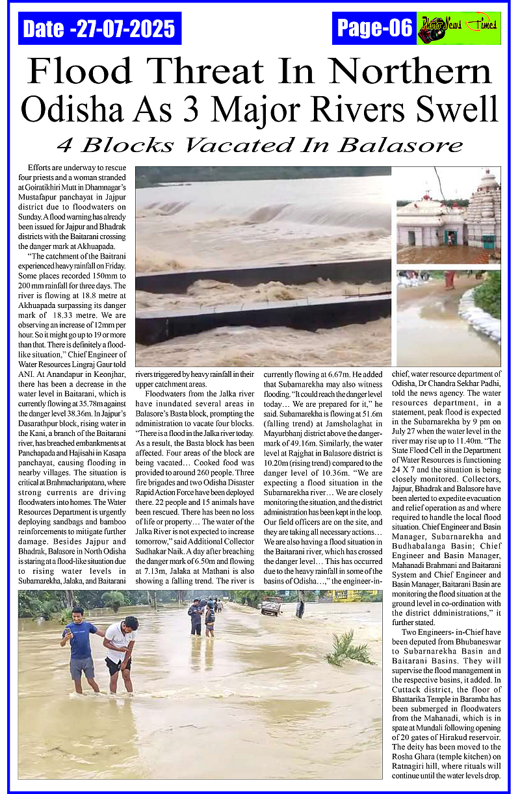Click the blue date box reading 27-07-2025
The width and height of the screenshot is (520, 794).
[x=99, y=29]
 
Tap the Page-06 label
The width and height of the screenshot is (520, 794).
[x=374, y=28]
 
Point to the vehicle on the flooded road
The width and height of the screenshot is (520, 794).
[x=271, y=606]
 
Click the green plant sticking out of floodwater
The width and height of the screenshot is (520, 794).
[x=348, y=647]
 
